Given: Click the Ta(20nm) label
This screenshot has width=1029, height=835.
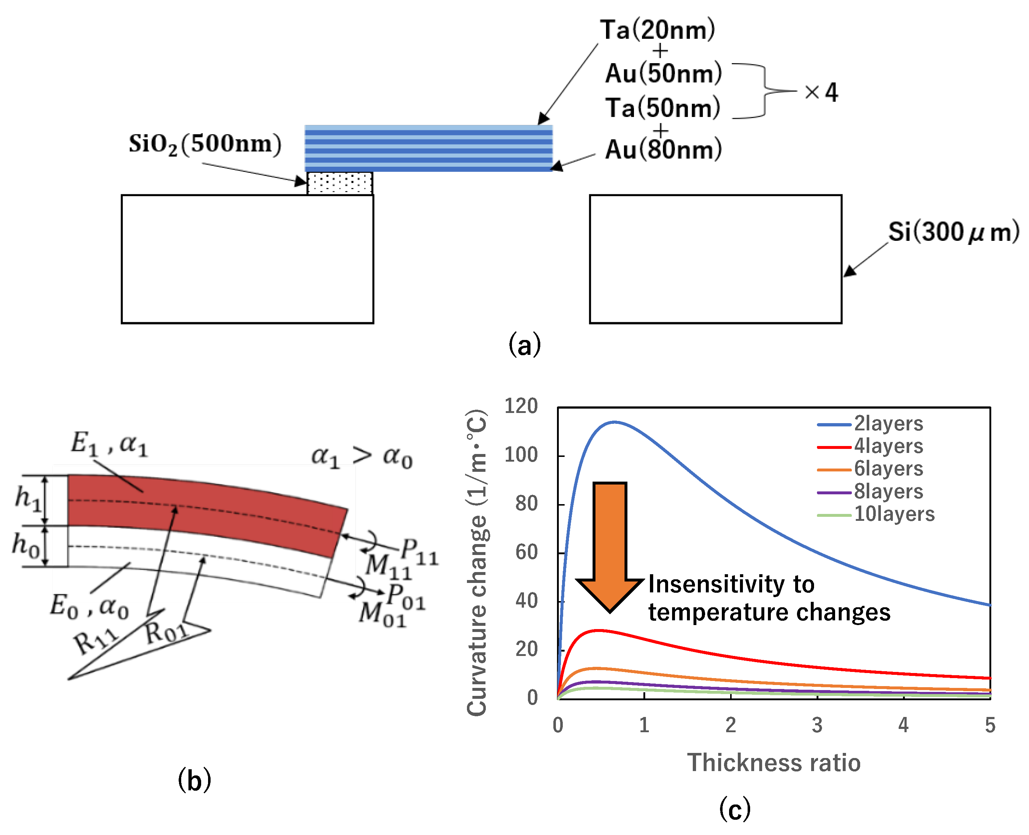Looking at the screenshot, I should pyautogui.click(x=657, y=30).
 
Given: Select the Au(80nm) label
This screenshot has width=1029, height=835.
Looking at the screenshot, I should pyautogui.click(x=663, y=149).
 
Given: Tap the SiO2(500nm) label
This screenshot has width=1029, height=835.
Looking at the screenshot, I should pyautogui.click(x=205, y=144).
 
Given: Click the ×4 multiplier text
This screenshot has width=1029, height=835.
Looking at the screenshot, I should pyautogui.click(x=821, y=92).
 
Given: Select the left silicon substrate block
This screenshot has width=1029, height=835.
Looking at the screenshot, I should pyautogui.click(x=247, y=259).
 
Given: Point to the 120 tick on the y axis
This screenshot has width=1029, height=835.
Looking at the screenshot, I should pyautogui.click(x=521, y=406).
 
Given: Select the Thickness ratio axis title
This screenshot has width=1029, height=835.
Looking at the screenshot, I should pyautogui.click(x=773, y=763).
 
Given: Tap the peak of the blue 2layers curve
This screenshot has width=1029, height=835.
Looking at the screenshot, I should pyautogui.click(x=614, y=422).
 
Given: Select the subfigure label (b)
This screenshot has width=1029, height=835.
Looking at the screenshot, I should pyautogui.click(x=194, y=780).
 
